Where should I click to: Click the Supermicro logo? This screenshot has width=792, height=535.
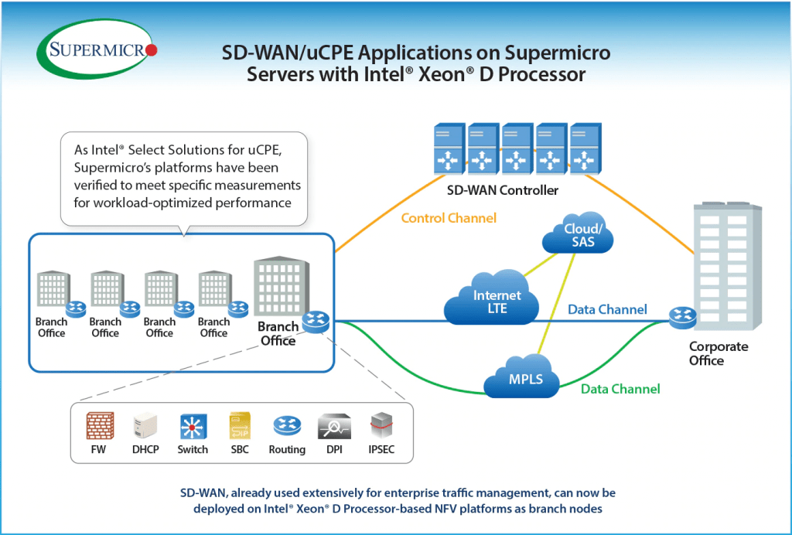click(97, 51)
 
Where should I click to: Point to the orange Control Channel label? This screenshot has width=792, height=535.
click(449, 218)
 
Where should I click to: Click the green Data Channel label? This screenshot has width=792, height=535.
click(620, 389)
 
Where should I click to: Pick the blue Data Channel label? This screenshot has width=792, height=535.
click(607, 309)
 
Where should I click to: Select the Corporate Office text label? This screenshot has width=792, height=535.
click(719, 353)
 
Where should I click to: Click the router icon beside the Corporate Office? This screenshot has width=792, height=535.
click(682, 315)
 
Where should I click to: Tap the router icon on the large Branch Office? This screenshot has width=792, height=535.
click(316, 321)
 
